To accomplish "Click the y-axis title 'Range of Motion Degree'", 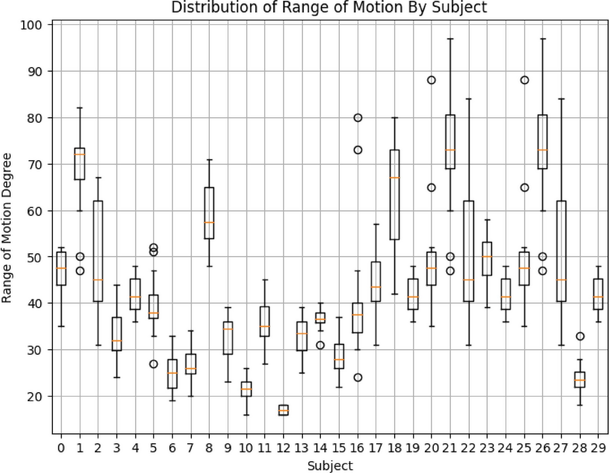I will pyautogui.click(x=7, y=230).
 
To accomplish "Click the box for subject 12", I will pyautogui.click(x=283, y=410).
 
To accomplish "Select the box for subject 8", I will pyautogui.click(x=209, y=213).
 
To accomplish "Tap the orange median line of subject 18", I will pyautogui.click(x=395, y=178).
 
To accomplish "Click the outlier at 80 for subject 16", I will pyautogui.click(x=358, y=118).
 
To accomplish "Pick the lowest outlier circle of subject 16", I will pyautogui.click(x=358, y=378).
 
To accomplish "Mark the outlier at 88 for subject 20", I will pyautogui.click(x=432, y=80).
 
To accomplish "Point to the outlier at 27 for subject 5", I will pyautogui.click(x=154, y=364).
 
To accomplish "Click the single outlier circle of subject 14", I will pyautogui.click(x=320, y=345).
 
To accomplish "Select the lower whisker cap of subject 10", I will pyautogui.click(x=247, y=415).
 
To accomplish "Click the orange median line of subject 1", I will pyautogui.click(x=79, y=154).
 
